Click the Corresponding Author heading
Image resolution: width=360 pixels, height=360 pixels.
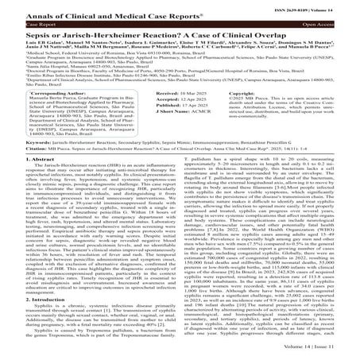tap(39, 115)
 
